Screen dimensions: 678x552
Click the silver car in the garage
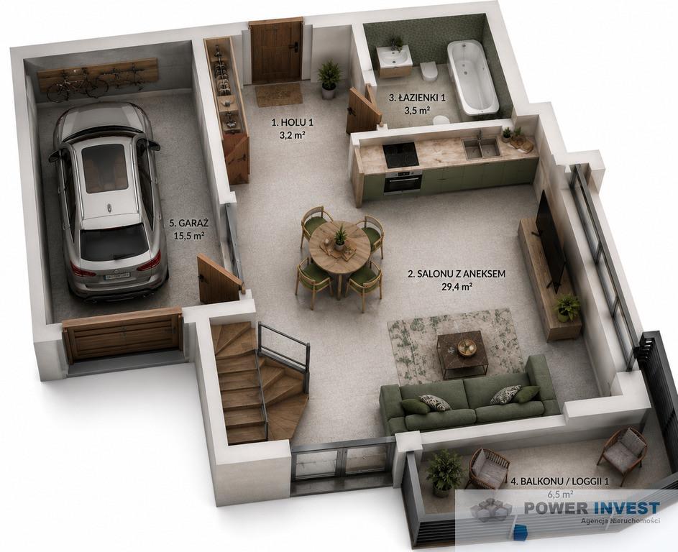coord(108,201)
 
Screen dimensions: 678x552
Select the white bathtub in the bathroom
coord(472,76)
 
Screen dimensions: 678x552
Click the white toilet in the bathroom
coord(429,70)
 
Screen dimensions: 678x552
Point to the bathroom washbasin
coord(394,56)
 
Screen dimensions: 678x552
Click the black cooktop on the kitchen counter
coord(401,155)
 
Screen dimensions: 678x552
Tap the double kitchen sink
coord(482,148)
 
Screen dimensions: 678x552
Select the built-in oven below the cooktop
coord(403,182)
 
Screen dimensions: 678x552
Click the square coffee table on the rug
coord(462,354)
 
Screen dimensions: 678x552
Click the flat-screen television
coord(551,239)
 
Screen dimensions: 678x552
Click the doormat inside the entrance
coord(279,95)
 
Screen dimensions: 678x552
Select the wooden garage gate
coord(122,334)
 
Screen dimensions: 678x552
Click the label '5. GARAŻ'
coord(189,223)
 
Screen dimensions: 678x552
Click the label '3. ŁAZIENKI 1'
coord(417,98)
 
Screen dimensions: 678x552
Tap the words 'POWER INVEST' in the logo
coord(592,507)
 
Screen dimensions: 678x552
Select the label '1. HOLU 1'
coord(293,122)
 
